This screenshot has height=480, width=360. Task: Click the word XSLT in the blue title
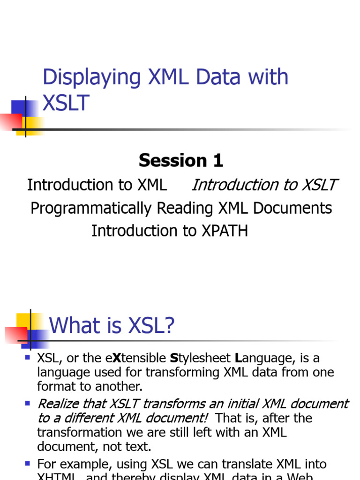[66, 102]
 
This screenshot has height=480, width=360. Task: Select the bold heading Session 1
[180, 161]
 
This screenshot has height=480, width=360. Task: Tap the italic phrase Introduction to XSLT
[264, 185]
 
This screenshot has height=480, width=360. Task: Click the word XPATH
[224, 231]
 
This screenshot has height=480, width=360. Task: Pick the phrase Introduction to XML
[97, 185]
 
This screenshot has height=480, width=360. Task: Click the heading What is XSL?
[112, 325]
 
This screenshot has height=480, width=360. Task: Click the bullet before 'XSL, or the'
[27, 358]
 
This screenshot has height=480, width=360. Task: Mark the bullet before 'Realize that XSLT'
[27, 403]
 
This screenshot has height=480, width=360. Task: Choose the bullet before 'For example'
[27, 464]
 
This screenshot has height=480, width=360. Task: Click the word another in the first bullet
[118, 387]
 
